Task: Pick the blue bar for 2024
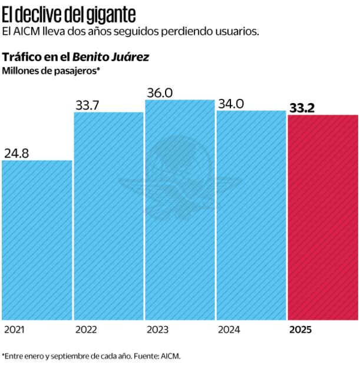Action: click(251, 215)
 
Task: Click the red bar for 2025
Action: click(323, 217)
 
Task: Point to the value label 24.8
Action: click(17, 153)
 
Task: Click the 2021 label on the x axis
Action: click(14, 330)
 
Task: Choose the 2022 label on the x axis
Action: click(86, 330)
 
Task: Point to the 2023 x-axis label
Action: click(157, 330)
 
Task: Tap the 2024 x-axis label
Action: click(229, 330)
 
